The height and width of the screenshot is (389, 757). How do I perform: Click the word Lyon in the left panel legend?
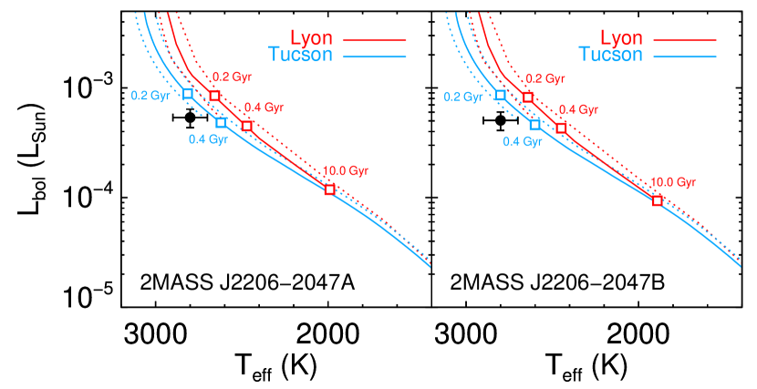(x=312, y=38)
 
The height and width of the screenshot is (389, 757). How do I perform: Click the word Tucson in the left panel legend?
(x=302, y=55)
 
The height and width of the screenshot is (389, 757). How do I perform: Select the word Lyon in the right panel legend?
(x=622, y=38)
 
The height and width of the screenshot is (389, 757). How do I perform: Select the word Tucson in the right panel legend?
(x=612, y=55)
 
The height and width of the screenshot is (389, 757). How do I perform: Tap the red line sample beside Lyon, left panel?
(x=374, y=40)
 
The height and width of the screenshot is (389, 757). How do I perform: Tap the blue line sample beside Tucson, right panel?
(x=684, y=56)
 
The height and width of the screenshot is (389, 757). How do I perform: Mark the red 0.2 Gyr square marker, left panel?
(x=214, y=96)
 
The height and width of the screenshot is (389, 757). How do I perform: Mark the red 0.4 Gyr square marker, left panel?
(x=246, y=126)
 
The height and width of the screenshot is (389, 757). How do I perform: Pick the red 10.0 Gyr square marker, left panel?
(x=329, y=189)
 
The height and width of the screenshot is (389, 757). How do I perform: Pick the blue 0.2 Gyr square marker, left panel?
(x=188, y=93)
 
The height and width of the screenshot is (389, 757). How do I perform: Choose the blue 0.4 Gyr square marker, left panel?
(x=221, y=122)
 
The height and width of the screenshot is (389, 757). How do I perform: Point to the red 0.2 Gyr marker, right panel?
(x=528, y=97)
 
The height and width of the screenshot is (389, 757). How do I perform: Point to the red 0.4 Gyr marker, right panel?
(x=561, y=128)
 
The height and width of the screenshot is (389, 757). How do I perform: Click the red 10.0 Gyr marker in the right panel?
(x=657, y=200)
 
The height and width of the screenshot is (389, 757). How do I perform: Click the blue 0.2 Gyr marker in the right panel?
(x=501, y=95)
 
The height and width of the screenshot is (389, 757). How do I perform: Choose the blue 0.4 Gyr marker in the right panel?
(x=534, y=125)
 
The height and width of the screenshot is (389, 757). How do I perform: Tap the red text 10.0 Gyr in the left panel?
(x=345, y=170)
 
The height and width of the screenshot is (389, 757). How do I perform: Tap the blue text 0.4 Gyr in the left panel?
(x=208, y=139)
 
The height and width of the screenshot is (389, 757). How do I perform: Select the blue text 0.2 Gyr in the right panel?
(x=463, y=97)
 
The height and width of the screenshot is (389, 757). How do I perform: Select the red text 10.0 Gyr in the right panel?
(x=673, y=182)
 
